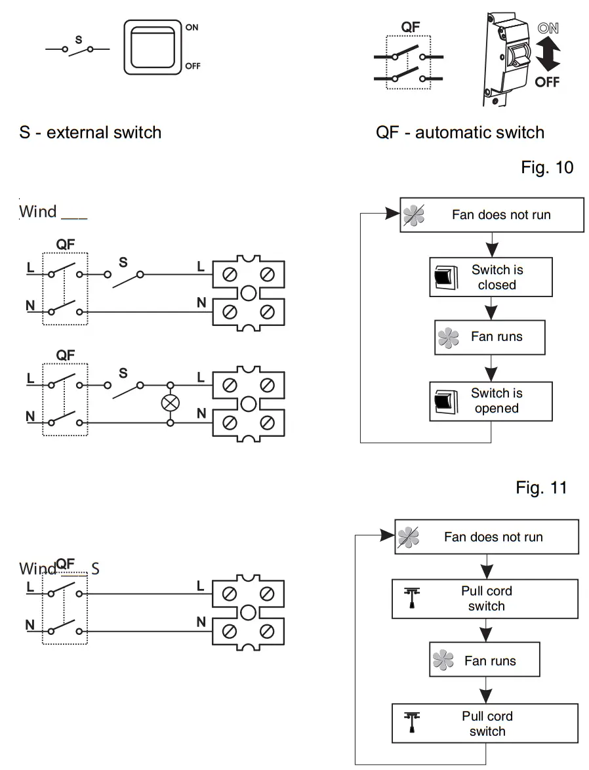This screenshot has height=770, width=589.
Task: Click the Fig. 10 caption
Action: pyautogui.click(x=546, y=167)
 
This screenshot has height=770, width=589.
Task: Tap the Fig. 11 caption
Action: pyautogui.click(x=540, y=488)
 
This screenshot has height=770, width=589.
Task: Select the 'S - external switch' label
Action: pyautogui.click(x=90, y=132)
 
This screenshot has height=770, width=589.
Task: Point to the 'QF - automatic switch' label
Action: pyautogui.click(x=460, y=132)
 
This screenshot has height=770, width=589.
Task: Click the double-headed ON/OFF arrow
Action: pyautogui.click(x=547, y=55)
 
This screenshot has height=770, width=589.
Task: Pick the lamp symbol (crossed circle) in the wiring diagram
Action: pyautogui.click(x=171, y=403)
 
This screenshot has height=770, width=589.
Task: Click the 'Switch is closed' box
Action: pyautogui.click(x=491, y=277)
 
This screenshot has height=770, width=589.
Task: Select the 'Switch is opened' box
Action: pyautogui.click(x=491, y=401)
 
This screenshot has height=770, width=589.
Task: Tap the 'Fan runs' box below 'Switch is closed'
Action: pyautogui.click(x=490, y=337)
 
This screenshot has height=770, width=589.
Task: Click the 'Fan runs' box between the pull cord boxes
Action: pyautogui.click(x=485, y=660)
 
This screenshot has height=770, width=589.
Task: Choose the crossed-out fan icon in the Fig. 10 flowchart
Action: pyautogui.click(x=413, y=215)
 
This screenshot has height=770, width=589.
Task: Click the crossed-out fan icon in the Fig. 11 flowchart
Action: pyautogui.click(x=408, y=537)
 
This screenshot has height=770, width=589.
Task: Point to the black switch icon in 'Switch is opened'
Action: pyautogui.click(x=444, y=401)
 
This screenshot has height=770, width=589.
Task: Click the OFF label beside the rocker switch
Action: pyautogui.click(x=193, y=66)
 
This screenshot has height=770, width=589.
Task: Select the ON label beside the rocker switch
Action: pyautogui.click(x=192, y=28)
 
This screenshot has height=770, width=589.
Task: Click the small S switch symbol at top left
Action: pyautogui.click(x=78, y=48)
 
